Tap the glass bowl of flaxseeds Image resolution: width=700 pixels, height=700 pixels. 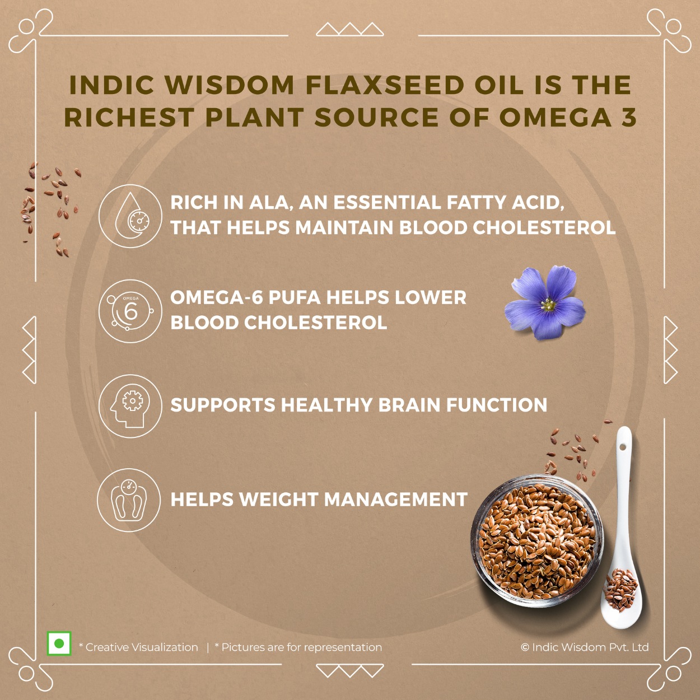point(537,542)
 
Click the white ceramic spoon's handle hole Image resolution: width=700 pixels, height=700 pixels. point(622,447)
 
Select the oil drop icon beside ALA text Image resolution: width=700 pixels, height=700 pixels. point(130,216)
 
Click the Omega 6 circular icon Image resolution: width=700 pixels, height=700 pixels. point(130,311)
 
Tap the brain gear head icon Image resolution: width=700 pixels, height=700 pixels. point(130,406)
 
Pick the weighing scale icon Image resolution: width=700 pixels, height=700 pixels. point(129,501)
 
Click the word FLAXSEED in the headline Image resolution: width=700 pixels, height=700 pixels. point(385,85)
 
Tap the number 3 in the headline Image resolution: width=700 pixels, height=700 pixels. point(628,117)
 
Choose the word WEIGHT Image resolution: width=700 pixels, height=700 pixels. point(278,500)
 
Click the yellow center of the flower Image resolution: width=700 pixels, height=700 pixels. point(547,305)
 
